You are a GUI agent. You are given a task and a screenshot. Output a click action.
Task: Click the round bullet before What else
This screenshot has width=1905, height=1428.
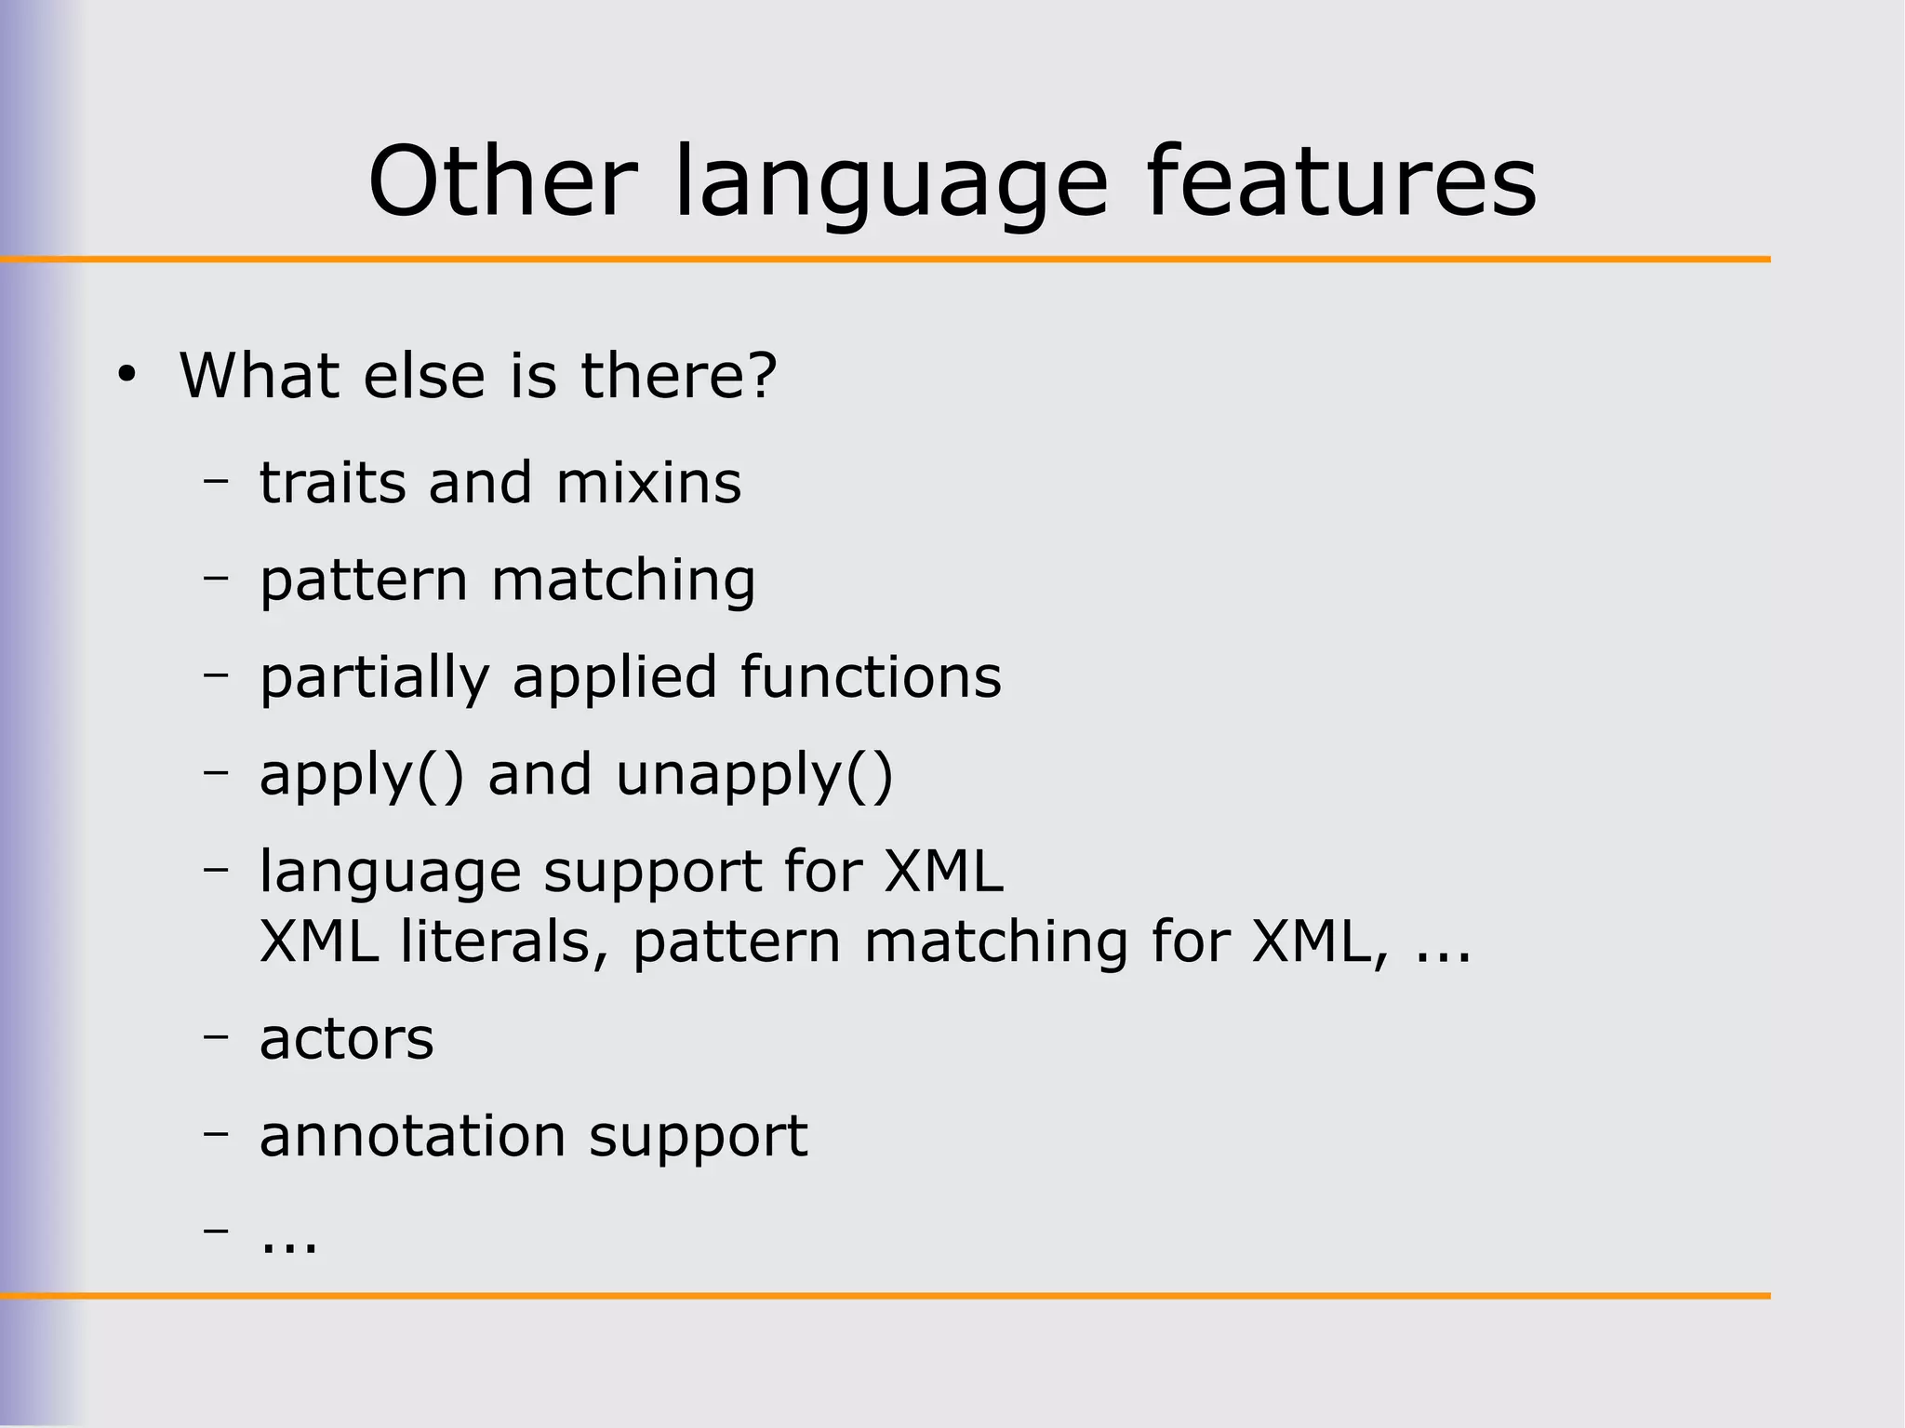[x=127, y=376]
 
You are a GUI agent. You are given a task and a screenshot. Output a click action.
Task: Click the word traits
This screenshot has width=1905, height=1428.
[x=332, y=483]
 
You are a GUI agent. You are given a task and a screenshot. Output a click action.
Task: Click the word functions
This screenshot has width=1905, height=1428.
[x=871, y=676]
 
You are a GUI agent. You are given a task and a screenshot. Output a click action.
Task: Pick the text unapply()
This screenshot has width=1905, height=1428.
[x=753, y=776]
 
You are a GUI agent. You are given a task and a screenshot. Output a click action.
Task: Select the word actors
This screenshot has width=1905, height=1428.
[x=346, y=1039]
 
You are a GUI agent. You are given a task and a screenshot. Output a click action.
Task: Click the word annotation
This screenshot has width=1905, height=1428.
[x=412, y=1136]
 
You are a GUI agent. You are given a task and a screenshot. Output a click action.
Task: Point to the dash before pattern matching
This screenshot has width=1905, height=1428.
[x=216, y=578]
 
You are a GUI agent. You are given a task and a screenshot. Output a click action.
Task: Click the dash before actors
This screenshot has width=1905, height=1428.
[x=216, y=1035]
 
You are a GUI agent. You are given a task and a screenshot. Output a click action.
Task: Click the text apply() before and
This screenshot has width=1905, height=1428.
[x=361, y=776]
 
